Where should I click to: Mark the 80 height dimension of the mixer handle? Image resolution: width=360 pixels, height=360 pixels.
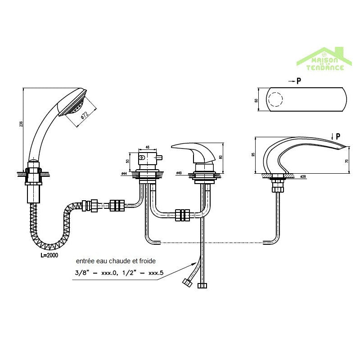(221, 157)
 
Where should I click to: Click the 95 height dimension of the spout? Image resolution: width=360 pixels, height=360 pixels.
(254, 155)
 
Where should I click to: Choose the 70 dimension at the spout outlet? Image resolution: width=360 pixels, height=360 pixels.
(347, 160)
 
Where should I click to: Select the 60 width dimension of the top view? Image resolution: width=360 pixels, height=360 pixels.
(256, 100)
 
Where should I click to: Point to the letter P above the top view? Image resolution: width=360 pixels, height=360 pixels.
(298, 81)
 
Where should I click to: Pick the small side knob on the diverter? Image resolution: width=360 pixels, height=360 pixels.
(142, 158)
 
